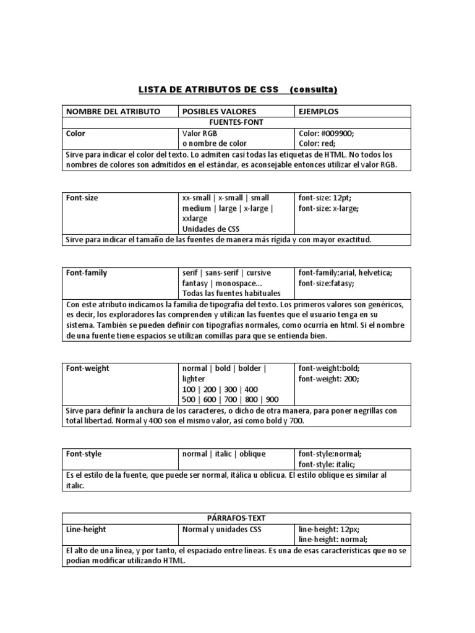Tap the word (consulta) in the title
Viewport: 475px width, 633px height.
click(x=313, y=90)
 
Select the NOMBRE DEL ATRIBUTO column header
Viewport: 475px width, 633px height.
click(x=113, y=111)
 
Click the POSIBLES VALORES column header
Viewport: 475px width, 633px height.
click(x=215, y=111)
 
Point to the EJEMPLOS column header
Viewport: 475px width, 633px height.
click(x=320, y=111)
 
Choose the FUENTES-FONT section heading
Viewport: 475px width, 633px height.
click(x=237, y=122)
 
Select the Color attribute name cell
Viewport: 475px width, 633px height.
click(x=76, y=133)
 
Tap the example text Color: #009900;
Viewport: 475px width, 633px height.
click(x=326, y=133)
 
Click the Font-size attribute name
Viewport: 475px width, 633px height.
click(x=82, y=198)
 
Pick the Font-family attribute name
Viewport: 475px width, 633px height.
click(x=87, y=273)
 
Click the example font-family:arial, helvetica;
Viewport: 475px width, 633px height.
click(x=345, y=273)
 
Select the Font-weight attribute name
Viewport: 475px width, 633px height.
click(x=88, y=368)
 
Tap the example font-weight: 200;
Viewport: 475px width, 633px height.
click(x=328, y=379)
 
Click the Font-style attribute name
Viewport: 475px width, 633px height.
click(x=84, y=454)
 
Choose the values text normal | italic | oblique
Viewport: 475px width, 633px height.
click(x=224, y=454)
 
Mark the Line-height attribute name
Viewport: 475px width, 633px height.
click(x=86, y=530)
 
